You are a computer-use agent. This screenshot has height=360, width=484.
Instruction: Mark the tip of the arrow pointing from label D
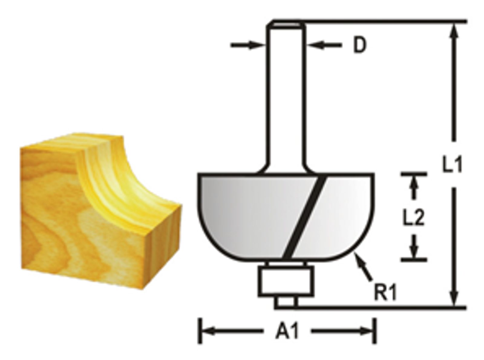point(307,45)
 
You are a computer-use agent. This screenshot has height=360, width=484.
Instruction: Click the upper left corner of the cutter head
point(198,174)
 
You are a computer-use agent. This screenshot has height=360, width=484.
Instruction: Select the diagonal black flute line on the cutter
point(304,217)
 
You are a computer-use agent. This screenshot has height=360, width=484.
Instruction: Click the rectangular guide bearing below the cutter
point(286,281)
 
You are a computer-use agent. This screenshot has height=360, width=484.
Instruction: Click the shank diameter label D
point(359,46)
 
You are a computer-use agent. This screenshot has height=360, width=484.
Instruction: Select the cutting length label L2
point(414,217)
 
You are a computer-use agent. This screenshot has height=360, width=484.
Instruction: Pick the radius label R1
point(385,293)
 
